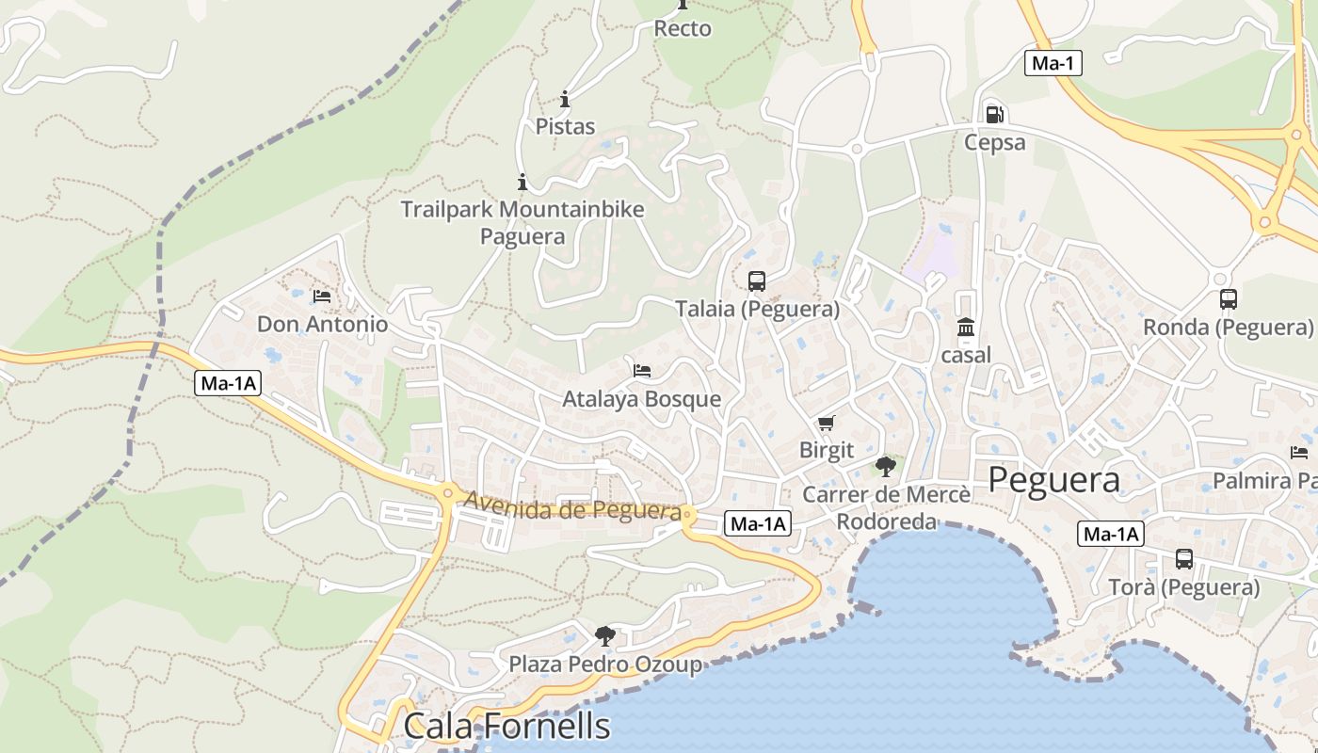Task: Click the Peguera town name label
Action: point(1053,480)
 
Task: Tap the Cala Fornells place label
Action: point(506,726)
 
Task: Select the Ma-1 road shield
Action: point(1053,63)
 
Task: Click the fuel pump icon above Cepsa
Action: point(994,115)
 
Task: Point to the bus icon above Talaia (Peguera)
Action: point(757,280)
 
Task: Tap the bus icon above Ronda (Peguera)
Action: point(1228,299)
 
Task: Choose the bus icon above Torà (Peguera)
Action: point(1183,559)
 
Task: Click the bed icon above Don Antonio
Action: point(322,296)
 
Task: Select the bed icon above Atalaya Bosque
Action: point(642,370)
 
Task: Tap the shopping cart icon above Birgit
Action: point(826,423)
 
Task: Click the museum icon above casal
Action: point(966,328)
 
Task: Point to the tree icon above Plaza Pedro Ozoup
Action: point(605,635)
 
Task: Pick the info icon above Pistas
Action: point(565,99)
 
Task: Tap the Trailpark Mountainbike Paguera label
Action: point(522,222)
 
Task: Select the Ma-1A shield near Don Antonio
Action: point(228,383)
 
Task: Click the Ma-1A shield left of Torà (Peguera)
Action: point(1110,535)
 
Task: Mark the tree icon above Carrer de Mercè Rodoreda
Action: point(885,465)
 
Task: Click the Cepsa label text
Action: point(994,142)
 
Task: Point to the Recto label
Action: point(683,29)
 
